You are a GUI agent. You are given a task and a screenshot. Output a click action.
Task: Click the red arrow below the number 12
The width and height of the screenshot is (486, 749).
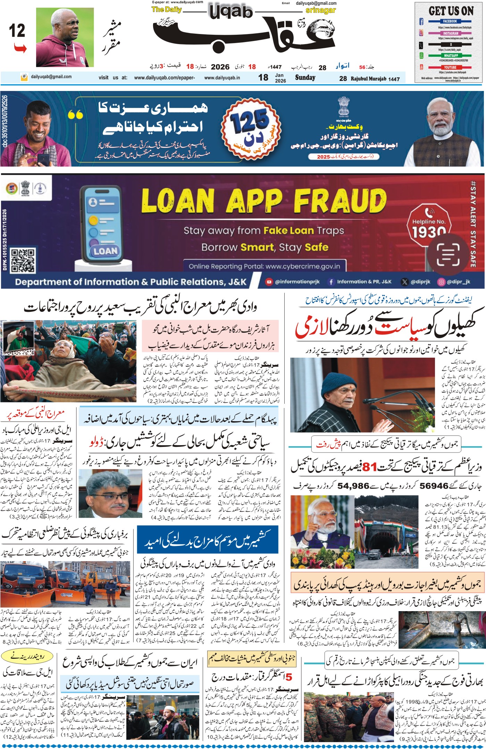point(20,48)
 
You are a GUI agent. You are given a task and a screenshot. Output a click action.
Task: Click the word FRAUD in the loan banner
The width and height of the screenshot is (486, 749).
point(340,201)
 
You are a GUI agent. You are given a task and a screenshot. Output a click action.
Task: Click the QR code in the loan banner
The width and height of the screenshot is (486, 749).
point(23,260)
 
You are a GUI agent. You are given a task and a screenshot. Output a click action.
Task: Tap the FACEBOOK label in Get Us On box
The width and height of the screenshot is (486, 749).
point(450,21)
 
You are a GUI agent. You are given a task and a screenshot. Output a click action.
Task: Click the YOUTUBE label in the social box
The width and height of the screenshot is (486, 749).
point(450,67)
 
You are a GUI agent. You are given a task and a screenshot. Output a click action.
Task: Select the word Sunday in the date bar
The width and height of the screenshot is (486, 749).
point(305,77)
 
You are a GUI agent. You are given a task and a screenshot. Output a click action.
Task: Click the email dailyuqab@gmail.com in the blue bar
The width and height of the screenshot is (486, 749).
point(51,77)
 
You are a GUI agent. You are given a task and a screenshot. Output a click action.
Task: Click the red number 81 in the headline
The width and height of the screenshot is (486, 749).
point(369,467)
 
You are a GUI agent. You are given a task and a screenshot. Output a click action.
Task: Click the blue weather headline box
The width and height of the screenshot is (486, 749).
point(208,539)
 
